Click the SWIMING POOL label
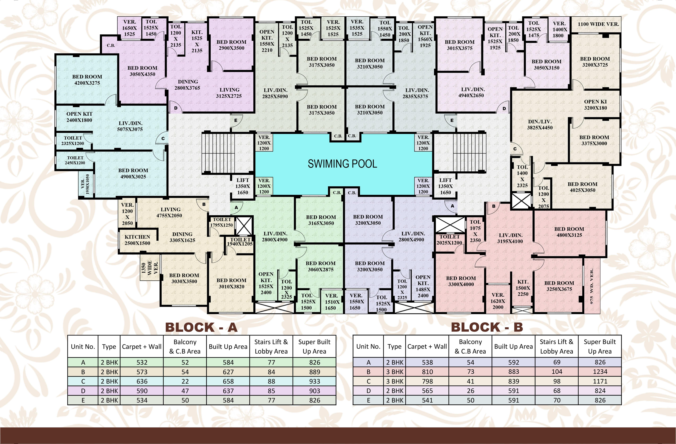343,164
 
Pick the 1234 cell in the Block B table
600,372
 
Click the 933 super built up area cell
314,381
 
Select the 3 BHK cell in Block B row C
395,381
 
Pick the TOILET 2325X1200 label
73,140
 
